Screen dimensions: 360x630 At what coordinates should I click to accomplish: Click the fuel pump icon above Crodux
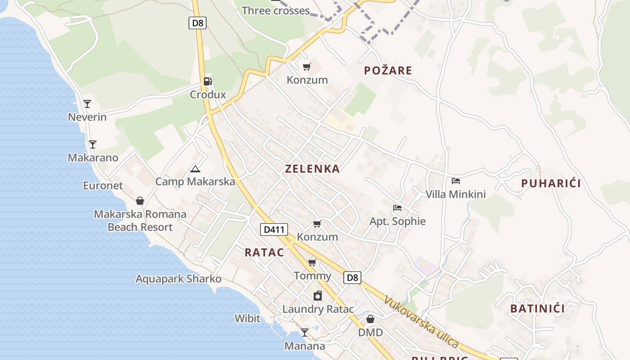[x=207, y=81]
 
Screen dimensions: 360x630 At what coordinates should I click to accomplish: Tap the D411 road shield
[x=274, y=229]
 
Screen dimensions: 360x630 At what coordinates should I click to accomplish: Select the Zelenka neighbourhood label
[x=312, y=169]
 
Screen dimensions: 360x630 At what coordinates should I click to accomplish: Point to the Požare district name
[x=388, y=70]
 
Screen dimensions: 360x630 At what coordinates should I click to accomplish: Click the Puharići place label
[x=551, y=183]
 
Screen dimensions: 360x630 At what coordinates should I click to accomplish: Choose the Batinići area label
[x=537, y=309]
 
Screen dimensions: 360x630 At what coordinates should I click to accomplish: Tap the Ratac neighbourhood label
[x=264, y=252]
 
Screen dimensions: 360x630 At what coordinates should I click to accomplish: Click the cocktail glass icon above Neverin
[x=87, y=104]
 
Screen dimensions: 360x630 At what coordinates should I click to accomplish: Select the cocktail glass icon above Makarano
[x=93, y=144]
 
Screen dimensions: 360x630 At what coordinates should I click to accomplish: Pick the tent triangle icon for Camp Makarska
[x=195, y=169]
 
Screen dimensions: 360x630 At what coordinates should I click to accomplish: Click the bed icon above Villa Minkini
[x=456, y=181]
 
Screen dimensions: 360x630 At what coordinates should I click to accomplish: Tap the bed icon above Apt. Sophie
[x=397, y=208]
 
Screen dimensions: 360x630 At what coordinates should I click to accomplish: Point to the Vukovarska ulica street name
[x=421, y=321]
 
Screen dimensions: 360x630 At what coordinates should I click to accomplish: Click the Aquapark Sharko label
[x=179, y=279]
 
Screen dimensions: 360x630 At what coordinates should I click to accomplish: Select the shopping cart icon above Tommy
[x=312, y=262]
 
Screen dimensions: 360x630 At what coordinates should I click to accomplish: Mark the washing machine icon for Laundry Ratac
[x=318, y=296]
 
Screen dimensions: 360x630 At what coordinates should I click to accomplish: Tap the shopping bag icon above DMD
[x=370, y=319]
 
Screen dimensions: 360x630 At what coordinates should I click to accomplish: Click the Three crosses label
[x=276, y=11]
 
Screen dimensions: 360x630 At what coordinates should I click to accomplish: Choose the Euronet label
[x=103, y=185]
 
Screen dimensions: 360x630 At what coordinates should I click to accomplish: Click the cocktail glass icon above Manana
[x=305, y=333]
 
